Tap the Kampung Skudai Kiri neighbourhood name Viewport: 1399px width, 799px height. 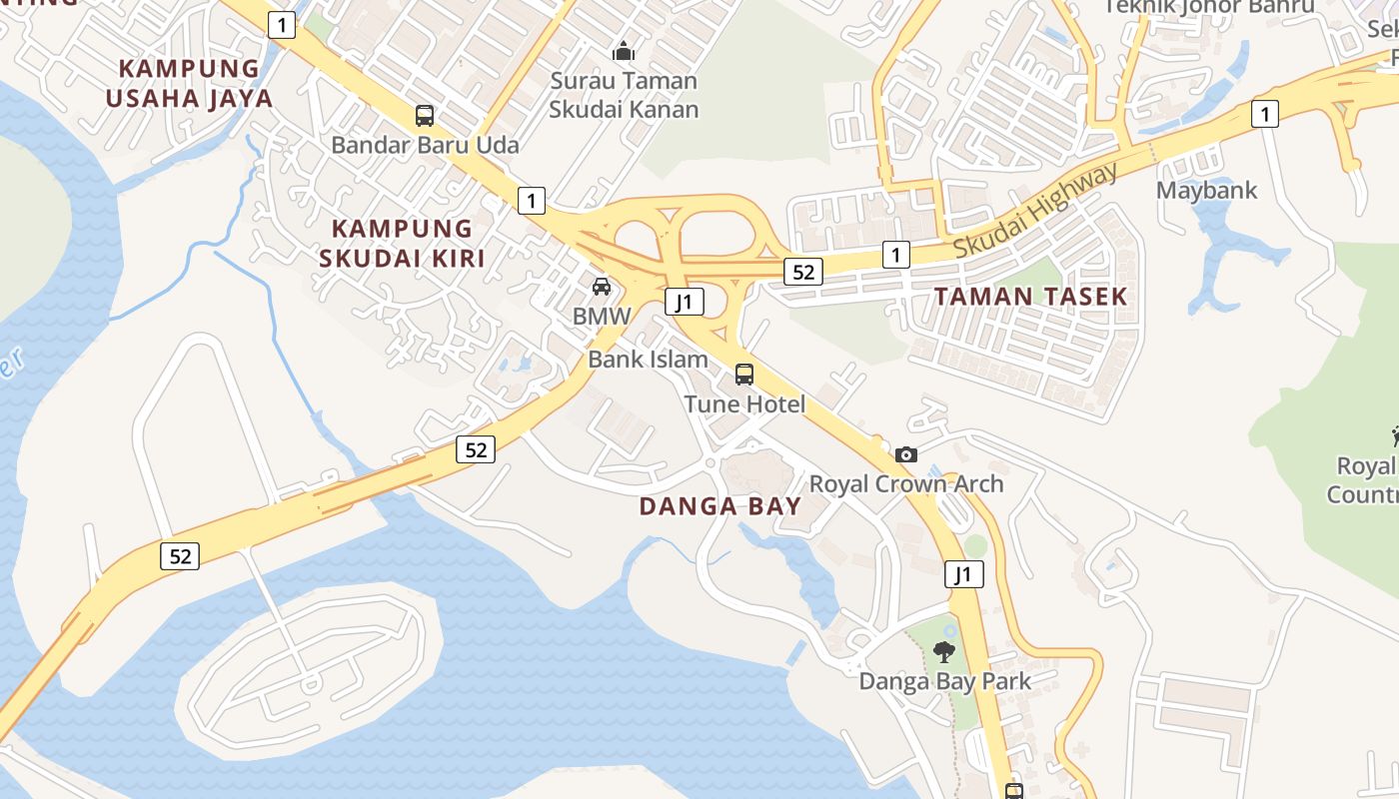click(402, 244)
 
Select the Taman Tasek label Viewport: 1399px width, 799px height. click(1030, 296)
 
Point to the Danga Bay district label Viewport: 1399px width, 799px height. click(720, 506)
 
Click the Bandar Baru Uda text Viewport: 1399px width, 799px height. click(425, 146)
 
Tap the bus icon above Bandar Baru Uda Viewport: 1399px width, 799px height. click(425, 116)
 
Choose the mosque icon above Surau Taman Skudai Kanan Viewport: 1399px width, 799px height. click(624, 51)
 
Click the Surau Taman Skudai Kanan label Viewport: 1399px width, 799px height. click(624, 95)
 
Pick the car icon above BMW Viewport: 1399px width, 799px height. click(602, 287)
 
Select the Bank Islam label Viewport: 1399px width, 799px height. click(648, 360)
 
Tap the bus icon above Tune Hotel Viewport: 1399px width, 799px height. click(744, 375)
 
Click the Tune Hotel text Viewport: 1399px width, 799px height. click(744, 404)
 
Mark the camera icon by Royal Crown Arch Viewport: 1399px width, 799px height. click(906, 455)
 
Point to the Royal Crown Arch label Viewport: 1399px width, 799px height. click(906, 484)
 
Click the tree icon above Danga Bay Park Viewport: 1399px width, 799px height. click(943, 652)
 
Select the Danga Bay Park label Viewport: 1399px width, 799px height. click(945, 682)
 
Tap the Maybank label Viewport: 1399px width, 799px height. click(1207, 190)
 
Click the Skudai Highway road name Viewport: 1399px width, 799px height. click(1035, 211)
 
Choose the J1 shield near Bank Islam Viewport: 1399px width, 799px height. click(685, 302)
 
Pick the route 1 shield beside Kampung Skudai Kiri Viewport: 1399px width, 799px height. click(532, 201)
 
